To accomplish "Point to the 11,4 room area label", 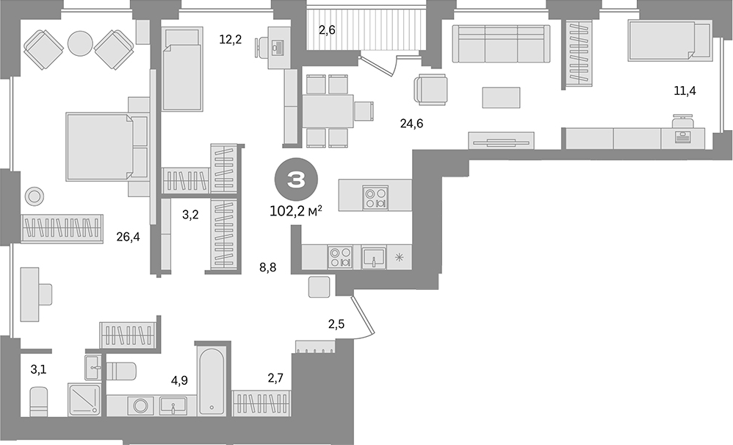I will (x=685, y=91).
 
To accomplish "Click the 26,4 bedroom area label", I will (x=128, y=237).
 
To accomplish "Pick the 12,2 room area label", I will (x=230, y=40).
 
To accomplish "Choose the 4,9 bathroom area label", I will (x=179, y=381).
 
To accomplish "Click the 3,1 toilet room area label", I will (x=38, y=369).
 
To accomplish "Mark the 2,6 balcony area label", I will (x=327, y=30).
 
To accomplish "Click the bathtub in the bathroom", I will (x=212, y=383).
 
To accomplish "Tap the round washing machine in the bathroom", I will (x=140, y=405).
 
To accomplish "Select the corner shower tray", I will (x=86, y=399).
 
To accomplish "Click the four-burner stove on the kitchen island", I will (x=375, y=195).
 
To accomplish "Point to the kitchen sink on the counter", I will (x=374, y=257).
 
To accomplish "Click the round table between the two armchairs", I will (x=79, y=43).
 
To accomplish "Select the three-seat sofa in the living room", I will (x=501, y=43).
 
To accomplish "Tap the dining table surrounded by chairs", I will (x=328, y=111).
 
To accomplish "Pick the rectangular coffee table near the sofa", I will (x=501, y=97).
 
